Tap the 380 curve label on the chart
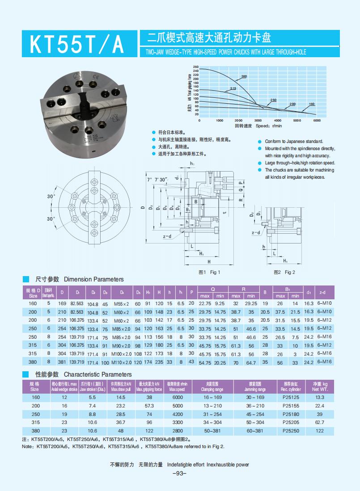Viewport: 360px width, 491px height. pos(244,77)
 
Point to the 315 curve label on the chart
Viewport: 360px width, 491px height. pos(233,89)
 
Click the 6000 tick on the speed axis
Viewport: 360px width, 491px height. pos(317,121)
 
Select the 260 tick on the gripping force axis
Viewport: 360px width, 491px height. pos(195,67)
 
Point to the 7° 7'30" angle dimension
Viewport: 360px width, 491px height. pos(157,180)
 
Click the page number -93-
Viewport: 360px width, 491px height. pos(179,474)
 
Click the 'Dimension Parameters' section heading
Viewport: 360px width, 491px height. pos(93,279)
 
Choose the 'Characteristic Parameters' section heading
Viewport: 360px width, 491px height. pos(97,374)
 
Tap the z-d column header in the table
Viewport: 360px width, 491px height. pos(324,293)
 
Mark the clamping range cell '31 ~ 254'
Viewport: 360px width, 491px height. pos(212,414)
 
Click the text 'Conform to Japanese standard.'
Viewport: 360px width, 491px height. pos(294,141)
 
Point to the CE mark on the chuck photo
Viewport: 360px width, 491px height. pos(96,77)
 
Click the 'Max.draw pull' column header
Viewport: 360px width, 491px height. pos(121,387)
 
